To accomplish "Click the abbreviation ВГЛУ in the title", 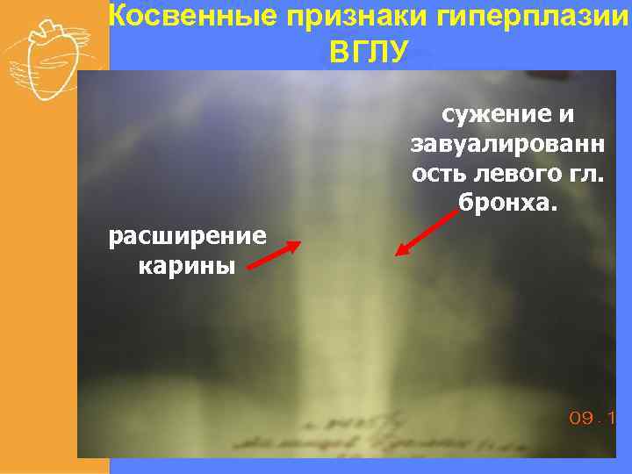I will (368, 52).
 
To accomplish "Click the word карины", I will (186, 265).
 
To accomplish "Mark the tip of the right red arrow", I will (397, 255).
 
